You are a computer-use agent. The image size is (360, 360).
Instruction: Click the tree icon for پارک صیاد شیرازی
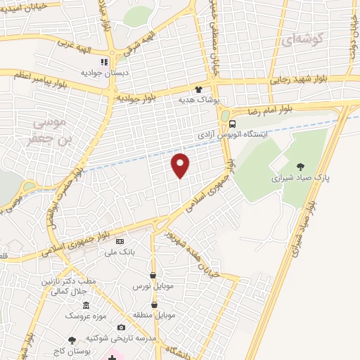[301, 167]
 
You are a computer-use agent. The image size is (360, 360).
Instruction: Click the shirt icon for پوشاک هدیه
[199, 89]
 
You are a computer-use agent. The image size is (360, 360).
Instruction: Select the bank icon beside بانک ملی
[119, 240]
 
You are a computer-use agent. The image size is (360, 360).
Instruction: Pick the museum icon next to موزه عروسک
[86, 305]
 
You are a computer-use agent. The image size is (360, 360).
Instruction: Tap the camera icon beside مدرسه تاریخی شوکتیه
[121, 327]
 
